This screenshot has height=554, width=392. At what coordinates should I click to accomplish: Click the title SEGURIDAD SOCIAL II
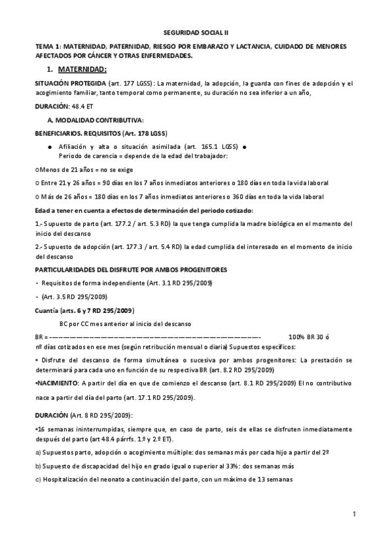(196, 31)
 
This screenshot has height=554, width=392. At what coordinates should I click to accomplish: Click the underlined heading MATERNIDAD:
(82, 69)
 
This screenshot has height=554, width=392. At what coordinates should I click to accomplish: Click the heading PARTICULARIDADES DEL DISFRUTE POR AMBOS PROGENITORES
(132, 269)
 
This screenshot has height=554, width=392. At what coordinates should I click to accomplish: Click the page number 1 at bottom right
(353, 514)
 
